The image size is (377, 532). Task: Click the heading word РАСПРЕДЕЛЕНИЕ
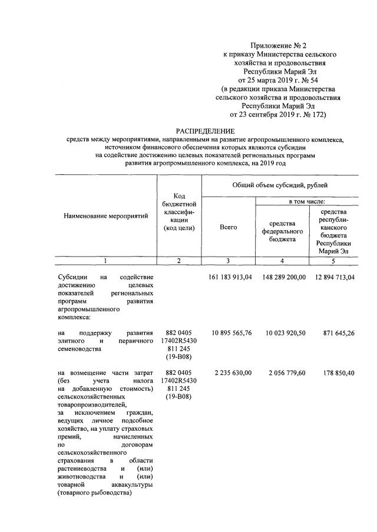point(205,131)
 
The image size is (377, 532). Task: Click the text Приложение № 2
point(277,45)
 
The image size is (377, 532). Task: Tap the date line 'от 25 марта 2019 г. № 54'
point(277,78)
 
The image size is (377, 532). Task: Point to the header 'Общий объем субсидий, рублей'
point(279,185)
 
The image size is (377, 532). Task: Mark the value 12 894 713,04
point(330,278)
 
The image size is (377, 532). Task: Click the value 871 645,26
point(335,333)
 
